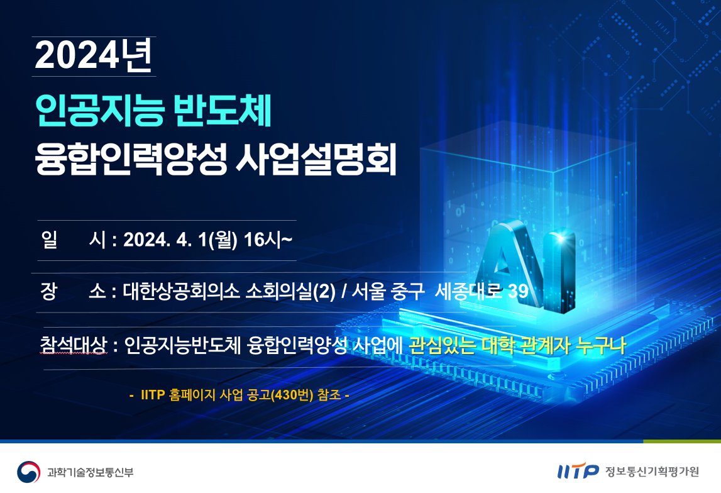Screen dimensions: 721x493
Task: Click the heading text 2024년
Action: tap(93, 56)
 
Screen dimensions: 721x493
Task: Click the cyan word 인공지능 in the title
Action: tap(99, 111)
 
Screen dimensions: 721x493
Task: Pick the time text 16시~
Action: tap(268, 240)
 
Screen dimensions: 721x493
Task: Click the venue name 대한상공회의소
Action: tap(181, 291)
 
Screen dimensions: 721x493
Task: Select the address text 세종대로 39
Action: tap(482, 291)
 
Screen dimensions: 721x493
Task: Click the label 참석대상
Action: tap(74, 345)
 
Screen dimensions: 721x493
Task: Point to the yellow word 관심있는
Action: tap(441, 345)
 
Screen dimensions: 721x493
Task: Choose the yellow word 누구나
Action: tap(602, 345)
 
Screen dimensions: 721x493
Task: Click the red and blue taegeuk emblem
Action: tap(28, 472)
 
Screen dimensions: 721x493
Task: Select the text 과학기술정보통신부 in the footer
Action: tap(90, 472)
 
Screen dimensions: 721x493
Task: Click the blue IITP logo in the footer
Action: tap(578, 471)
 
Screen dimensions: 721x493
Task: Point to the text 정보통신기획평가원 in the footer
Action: tap(652, 472)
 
